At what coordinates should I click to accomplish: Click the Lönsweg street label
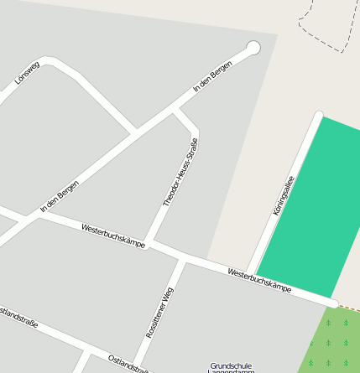click(28, 74)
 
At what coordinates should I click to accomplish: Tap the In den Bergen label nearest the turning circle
click(212, 77)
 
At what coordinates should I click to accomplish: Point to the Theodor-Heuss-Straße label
click(180, 173)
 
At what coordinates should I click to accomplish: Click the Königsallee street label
click(284, 194)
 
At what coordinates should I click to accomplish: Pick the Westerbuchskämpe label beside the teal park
click(259, 280)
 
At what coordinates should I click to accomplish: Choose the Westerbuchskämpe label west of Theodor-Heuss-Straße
click(113, 236)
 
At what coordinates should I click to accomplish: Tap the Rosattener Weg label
click(159, 312)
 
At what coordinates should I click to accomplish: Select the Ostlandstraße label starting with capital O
click(128, 364)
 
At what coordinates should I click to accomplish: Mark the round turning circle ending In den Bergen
click(253, 48)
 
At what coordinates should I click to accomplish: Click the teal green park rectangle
click(319, 210)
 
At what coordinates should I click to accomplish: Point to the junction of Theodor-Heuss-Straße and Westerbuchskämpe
click(149, 243)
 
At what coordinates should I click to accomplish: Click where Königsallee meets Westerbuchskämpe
click(251, 274)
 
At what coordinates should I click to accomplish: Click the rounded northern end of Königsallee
click(318, 115)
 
